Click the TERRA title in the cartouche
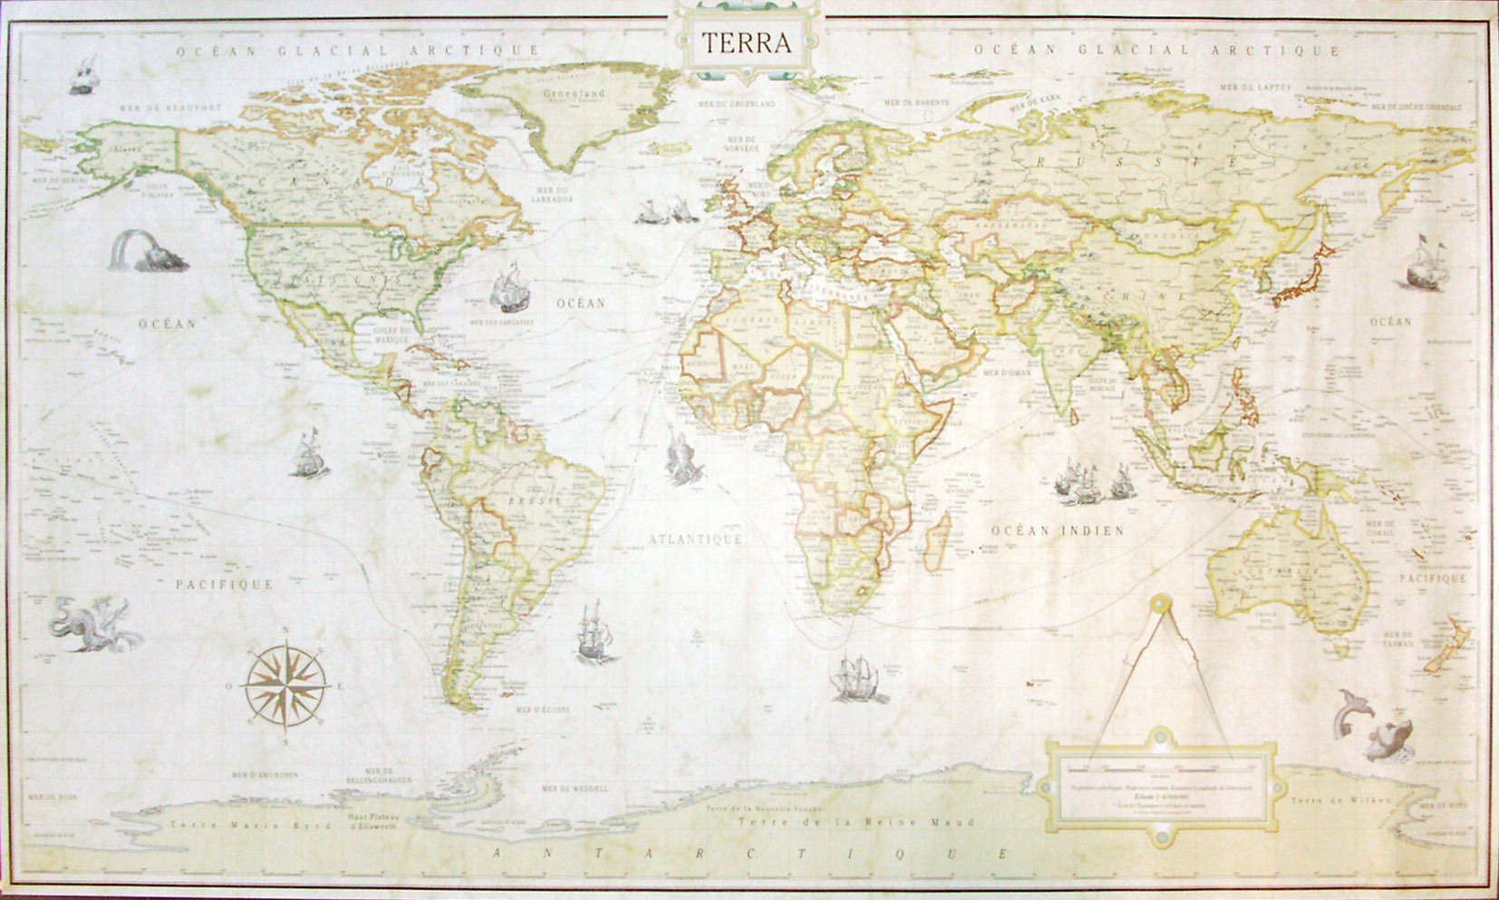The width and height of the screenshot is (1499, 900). [x=746, y=43]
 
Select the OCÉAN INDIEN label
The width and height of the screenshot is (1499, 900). [x=1057, y=530]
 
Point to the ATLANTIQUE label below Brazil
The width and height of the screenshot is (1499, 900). [x=695, y=538]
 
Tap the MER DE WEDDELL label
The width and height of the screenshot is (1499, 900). [x=575, y=789]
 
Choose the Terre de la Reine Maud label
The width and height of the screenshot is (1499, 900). [x=856, y=822]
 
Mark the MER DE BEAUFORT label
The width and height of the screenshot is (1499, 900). [x=170, y=107]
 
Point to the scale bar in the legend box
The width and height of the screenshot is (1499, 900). [x=1160, y=769]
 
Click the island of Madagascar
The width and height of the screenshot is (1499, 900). [x=943, y=530]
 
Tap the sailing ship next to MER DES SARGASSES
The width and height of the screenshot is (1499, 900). [x=509, y=288]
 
